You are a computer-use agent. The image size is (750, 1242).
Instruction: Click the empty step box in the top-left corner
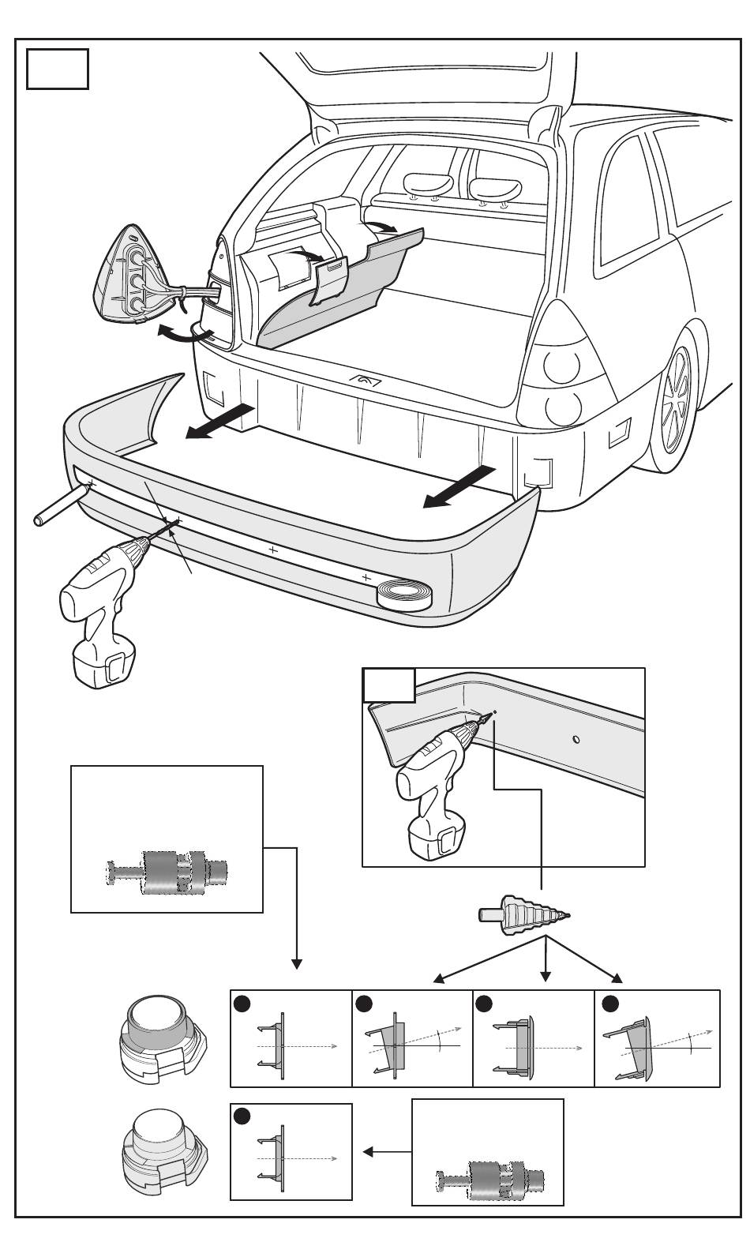pos(57,69)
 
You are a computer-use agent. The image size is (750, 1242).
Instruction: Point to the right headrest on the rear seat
pos(495,188)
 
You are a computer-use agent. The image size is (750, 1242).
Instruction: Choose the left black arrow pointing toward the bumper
pos(222,421)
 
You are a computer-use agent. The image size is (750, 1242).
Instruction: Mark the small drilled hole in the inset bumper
pos(576,739)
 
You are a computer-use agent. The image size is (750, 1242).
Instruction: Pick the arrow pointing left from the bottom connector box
pos(386,1152)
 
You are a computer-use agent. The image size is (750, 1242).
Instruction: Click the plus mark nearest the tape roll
pos(366,578)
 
